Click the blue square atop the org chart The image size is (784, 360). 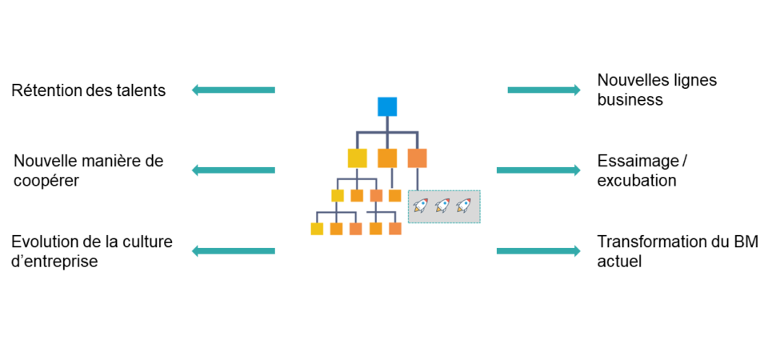coord(387,106)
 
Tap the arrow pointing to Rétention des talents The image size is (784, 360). coord(233,90)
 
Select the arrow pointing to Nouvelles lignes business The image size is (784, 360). coord(544,90)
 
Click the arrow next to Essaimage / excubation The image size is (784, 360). coord(538,170)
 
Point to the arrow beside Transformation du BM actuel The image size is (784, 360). coord(538,251)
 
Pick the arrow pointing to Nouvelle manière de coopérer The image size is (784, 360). coord(233,170)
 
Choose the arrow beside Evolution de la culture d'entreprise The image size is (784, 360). coord(233,251)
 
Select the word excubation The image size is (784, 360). coord(637,181)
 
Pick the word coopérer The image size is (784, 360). coord(46,181)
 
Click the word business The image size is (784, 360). coord(630,100)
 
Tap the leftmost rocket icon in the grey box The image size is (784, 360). coord(420,206)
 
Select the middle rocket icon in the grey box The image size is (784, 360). coord(442,206)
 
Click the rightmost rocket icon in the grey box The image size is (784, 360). coord(462,206)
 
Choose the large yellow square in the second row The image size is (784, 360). coord(357,158)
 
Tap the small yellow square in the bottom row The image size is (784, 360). coord(317,229)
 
